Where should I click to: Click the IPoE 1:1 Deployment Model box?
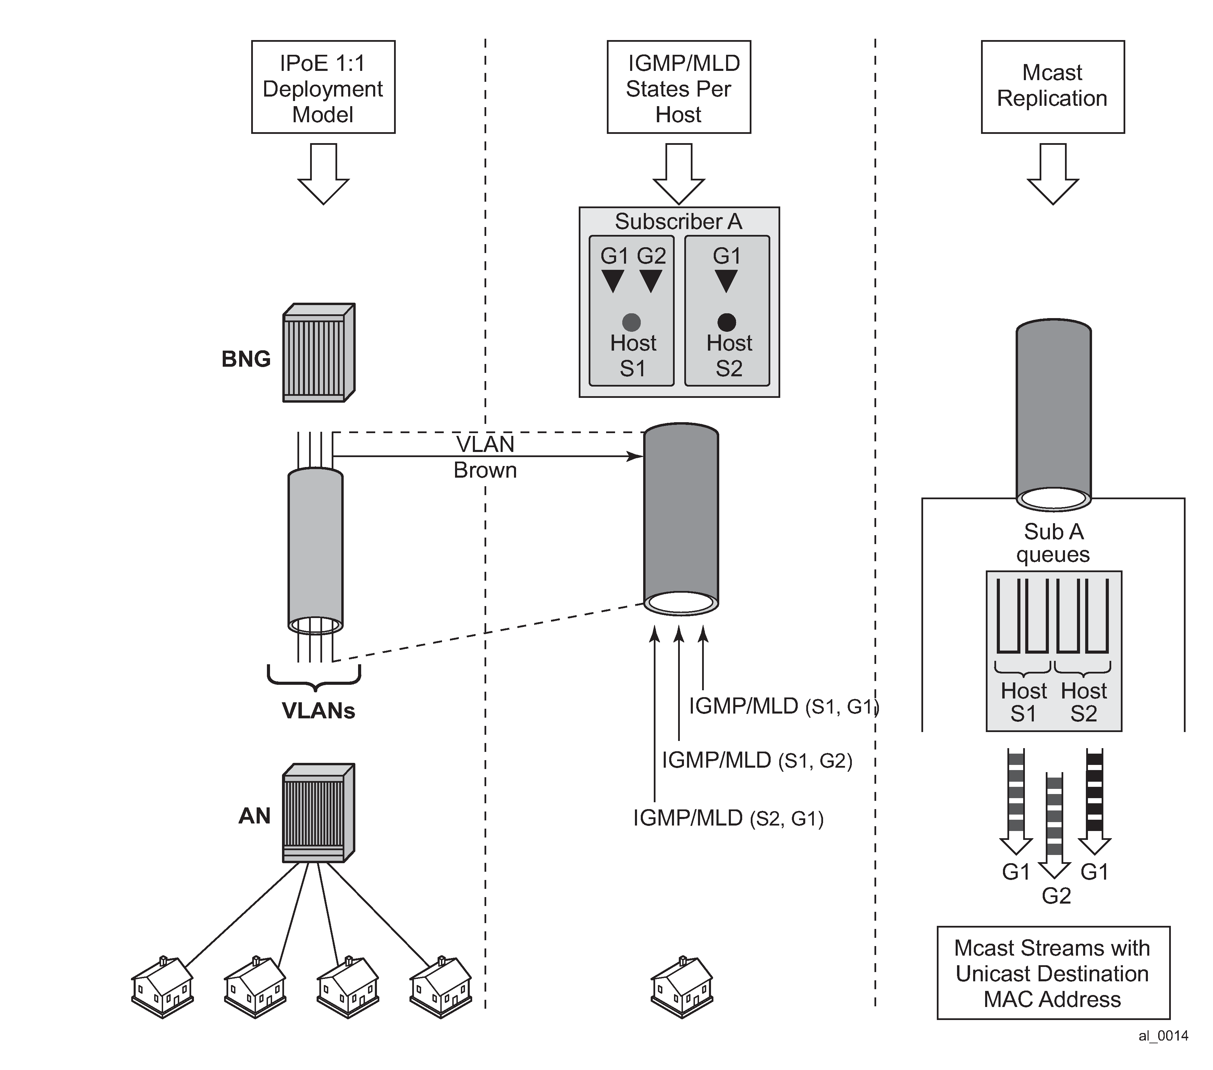[323, 87]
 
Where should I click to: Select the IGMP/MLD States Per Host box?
[678, 87]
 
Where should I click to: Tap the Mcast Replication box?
[1052, 87]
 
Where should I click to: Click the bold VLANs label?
[318, 710]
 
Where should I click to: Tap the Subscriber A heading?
[678, 222]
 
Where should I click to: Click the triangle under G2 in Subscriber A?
[651, 280]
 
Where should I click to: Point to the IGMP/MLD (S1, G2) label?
[757, 760]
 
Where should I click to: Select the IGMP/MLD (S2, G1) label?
[728, 819]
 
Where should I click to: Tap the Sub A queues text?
[1053, 543]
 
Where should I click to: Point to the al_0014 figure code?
[1163, 1036]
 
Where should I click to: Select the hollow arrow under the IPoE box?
[323, 174]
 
